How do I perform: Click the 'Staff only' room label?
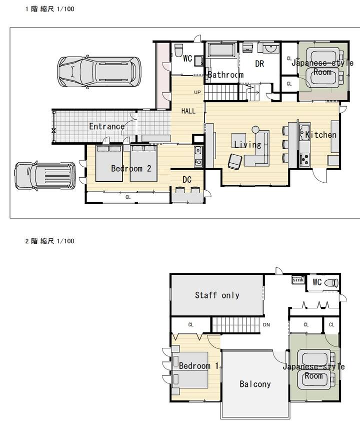(x=217, y=295)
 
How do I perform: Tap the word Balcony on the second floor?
(x=255, y=384)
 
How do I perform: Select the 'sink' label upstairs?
(x=298, y=279)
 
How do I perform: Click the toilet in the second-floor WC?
(x=331, y=283)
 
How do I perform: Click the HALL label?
(x=188, y=111)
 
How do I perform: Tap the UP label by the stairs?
(x=197, y=93)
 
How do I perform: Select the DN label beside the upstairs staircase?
(x=266, y=325)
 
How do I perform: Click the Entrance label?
(x=107, y=126)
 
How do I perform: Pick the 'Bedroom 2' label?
(x=131, y=168)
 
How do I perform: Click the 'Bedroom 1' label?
(x=198, y=366)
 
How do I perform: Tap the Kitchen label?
(x=320, y=135)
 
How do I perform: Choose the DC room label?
(x=187, y=180)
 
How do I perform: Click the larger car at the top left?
(x=99, y=72)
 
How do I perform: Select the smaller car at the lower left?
(x=45, y=176)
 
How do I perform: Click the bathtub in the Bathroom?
(x=221, y=50)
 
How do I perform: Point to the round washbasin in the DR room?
(x=270, y=49)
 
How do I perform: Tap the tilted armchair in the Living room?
(x=234, y=161)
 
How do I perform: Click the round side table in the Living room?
(x=255, y=130)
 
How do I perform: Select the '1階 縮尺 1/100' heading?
(x=49, y=9)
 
